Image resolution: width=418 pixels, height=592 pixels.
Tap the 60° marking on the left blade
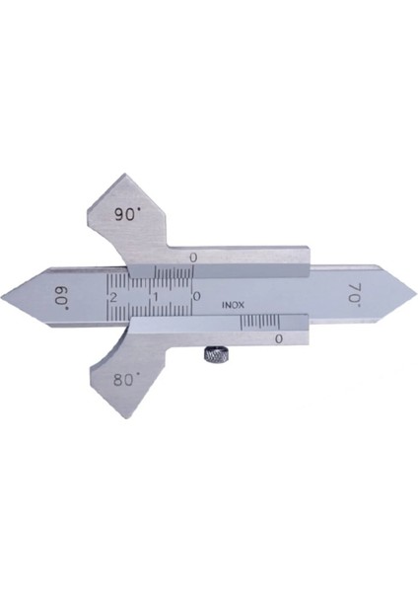coord(62,297)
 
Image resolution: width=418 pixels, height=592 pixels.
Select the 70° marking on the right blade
coord(354,293)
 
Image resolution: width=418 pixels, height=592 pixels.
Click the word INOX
coord(233,305)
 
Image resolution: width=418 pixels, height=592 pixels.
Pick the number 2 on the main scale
coord(112,297)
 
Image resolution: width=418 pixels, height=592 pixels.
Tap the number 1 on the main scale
coord(156,297)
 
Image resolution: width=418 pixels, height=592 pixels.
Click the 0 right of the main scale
coord(196,296)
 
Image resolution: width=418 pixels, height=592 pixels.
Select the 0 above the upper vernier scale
coord(193,258)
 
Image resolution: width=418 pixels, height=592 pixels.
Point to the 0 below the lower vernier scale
coord(278,338)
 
